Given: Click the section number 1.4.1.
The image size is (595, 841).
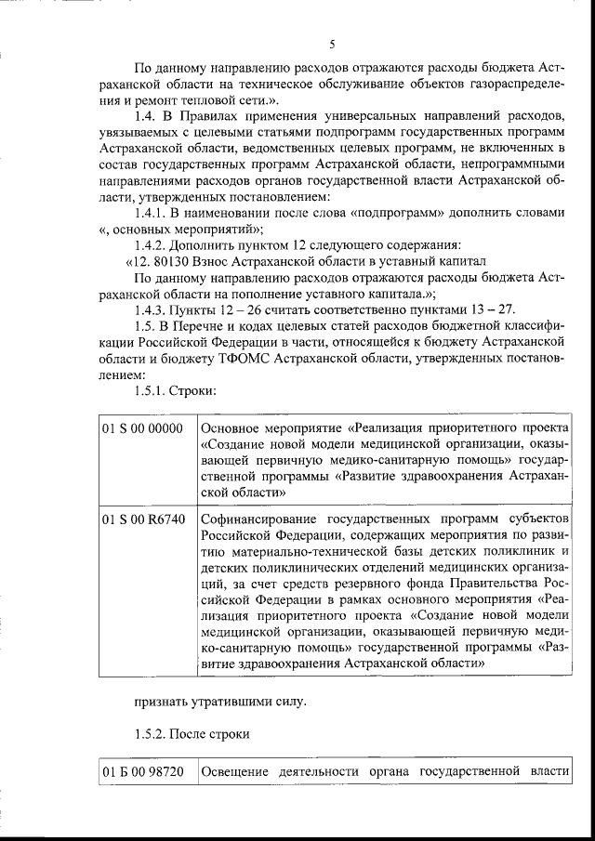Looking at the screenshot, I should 152,212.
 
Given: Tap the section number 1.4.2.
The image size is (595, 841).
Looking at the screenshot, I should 152,244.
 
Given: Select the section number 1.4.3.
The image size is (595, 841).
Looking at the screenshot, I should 152,309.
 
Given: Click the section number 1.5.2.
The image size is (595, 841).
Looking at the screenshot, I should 152,734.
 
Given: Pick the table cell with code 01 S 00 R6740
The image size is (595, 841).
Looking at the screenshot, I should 141,517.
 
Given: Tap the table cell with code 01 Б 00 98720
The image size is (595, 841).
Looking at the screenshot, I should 141,772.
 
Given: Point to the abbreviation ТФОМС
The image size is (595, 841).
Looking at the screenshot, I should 245,358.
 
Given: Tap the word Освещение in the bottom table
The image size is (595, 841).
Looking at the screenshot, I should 235,772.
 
